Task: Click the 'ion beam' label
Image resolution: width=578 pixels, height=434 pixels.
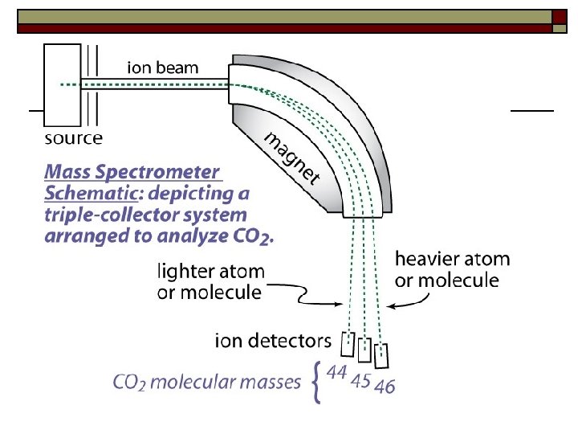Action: click(162, 68)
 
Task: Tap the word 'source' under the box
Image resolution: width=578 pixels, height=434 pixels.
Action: click(73, 138)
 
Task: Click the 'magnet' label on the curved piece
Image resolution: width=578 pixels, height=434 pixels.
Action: click(293, 156)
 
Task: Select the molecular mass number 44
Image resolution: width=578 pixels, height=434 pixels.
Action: click(337, 373)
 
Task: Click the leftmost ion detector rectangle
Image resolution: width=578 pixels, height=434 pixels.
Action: click(348, 344)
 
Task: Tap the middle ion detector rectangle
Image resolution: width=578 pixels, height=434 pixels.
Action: click(364, 350)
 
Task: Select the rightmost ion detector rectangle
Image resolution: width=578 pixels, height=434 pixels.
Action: click(382, 355)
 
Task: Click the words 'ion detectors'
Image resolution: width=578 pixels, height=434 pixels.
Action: click(273, 340)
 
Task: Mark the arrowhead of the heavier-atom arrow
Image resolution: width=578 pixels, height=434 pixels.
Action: click(389, 306)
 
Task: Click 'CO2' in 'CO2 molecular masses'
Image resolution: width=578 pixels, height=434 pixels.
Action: click(129, 383)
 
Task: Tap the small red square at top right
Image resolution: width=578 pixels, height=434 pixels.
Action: click(560, 17)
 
